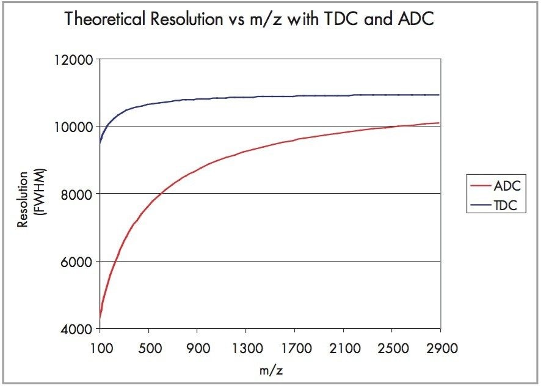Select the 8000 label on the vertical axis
click(78, 194)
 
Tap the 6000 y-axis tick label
click(78, 262)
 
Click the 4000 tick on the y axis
click(78, 329)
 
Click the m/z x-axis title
click(269, 370)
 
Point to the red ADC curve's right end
click(438, 123)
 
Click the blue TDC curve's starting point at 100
click(100, 144)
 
